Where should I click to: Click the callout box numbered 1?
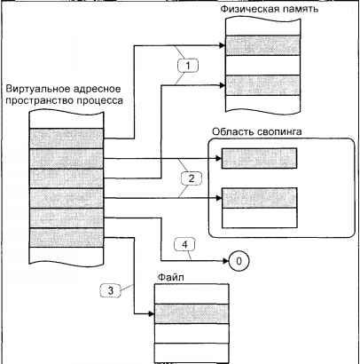click(x=188, y=66)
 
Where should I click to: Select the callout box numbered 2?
click(x=192, y=178)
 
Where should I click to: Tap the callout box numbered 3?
click(x=111, y=290)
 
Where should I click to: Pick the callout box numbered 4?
click(x=184, y=245)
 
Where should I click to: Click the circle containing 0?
click(x=239, y=261)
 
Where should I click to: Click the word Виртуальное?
click(x=37, y=89)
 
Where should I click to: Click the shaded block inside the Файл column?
click(x=192, y=313)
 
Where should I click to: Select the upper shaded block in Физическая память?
click(x=262, y=45)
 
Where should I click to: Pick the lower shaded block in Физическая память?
click(x=262, y=85)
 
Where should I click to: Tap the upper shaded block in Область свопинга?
click(x=259, y=158)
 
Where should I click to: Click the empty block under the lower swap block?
click(x=259, y=218)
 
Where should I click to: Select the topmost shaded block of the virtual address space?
click(x=67, y=138)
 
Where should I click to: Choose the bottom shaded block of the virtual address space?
click(x=67, y=238)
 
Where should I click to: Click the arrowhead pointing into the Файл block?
click(x=152, y=313)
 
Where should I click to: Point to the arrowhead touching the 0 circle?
click(x=225, y=261)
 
